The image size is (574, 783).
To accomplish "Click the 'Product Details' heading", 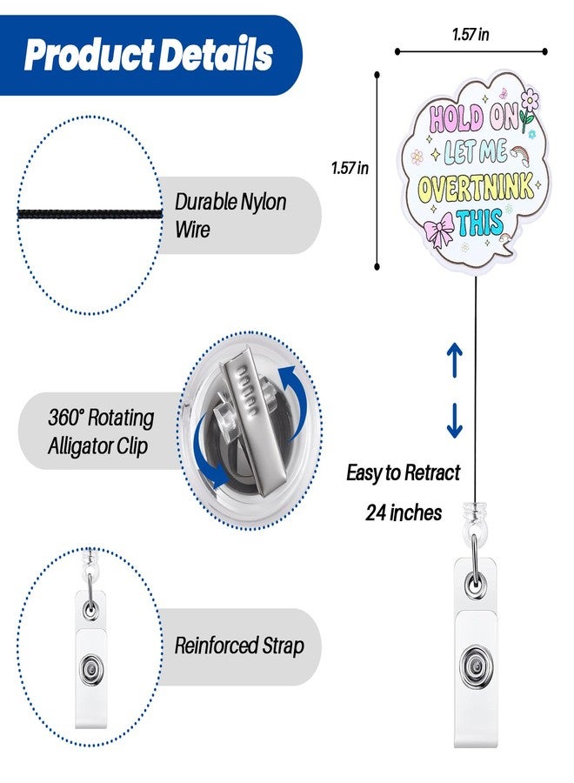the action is [x=148, y=55].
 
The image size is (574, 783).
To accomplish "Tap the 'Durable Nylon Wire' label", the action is [x=230, y=215].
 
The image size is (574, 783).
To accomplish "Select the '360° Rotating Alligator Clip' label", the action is [x=101, y=432].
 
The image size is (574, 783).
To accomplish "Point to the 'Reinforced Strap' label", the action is [x=239, y=646].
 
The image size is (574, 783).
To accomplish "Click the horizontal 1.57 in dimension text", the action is [x=471, y=35].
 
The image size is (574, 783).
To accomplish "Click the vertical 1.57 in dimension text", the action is [x=350, y=168].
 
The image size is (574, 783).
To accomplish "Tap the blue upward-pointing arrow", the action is [x=454, y=359].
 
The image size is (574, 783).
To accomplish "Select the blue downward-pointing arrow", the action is [x=454, y=420].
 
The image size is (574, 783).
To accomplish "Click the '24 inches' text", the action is [x=404, y=512].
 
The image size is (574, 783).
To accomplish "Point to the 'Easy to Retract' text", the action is [x=404, y=472].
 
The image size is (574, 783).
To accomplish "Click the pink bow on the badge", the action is [x=438, y=229].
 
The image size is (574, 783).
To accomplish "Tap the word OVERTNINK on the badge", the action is [x=475, y=189].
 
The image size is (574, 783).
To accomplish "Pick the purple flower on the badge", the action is [x=529, y=100].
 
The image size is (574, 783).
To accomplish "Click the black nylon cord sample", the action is [x=90, y=215].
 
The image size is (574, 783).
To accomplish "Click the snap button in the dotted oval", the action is [x=90, y=667].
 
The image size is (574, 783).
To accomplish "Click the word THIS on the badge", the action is [x=480, y=223].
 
